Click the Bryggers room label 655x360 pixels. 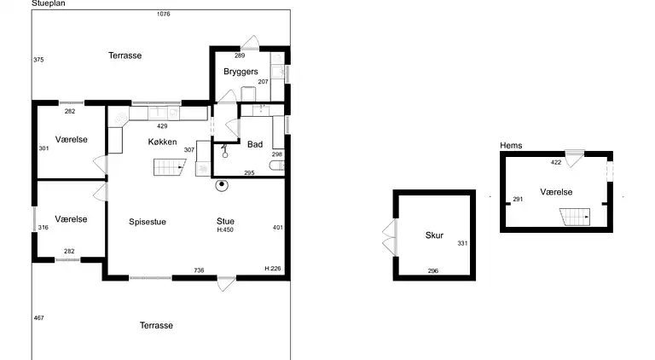click(241, 72)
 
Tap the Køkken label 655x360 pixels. click(163, 142)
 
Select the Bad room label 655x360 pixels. click(255, 144)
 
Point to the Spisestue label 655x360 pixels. click(148, 222)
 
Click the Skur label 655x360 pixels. click(434, 235)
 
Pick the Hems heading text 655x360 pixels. click(511, 145)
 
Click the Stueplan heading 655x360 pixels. click(49, 3)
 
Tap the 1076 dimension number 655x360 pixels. click(164, 15)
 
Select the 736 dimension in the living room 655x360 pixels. click(199, 270)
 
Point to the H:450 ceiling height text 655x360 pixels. click(225, 229)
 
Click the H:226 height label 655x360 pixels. click(273, 269)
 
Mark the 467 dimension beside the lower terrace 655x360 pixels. click(39, 318)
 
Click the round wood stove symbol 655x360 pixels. click(222, 185)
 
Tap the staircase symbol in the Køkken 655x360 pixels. click(170, 167)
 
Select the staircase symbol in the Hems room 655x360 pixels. click(575, 218)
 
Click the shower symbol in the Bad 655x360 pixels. click(225, 151)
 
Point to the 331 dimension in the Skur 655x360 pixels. click(462, 243)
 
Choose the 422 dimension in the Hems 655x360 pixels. click(556, 162)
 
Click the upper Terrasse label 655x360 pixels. click(125, 55)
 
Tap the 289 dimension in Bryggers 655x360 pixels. click(240, 55)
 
